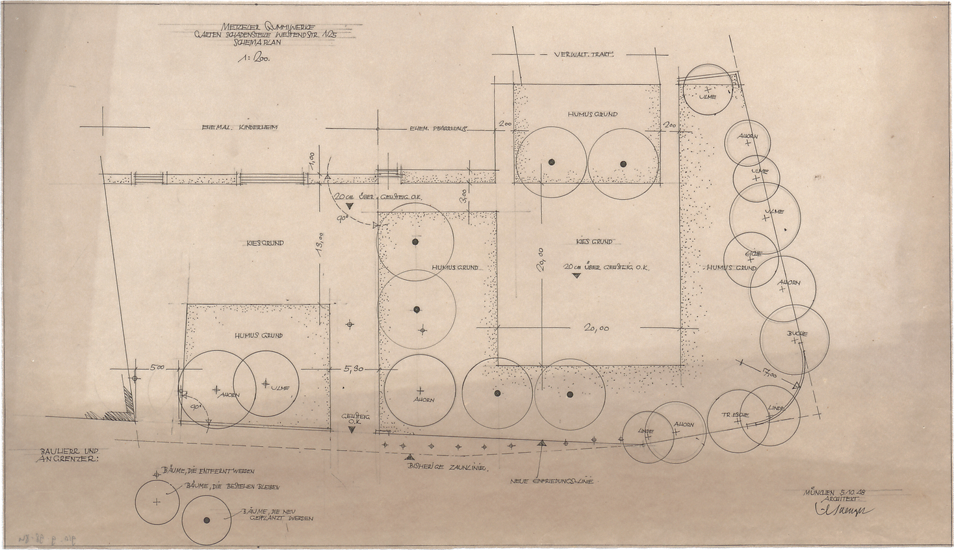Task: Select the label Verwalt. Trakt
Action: (585, 55)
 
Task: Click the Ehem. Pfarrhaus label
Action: (439, 128)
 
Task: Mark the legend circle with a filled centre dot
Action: (207, 520)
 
